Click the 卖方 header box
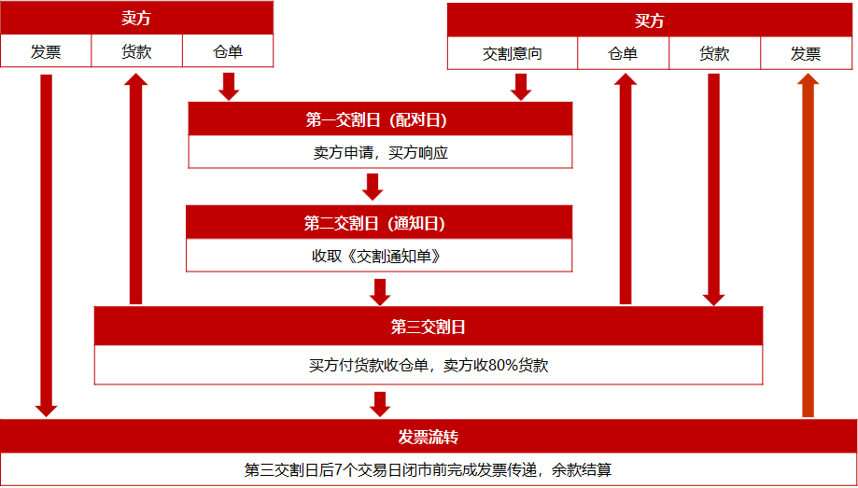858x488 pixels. [x=136, y=19]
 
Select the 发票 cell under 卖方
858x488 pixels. [x=46, y=52]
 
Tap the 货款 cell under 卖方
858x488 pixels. [x=136, y=52]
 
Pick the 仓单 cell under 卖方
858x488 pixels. [x=228, y=52]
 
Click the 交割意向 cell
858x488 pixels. [x=513, y=54]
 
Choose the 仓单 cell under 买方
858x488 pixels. [x=623, y=54]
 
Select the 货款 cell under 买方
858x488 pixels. [x=714, y=54]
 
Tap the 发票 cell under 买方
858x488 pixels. [x=806, y=54]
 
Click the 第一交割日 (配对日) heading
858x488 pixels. [x=380, y=119]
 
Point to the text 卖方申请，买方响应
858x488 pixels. [x=380, y=152]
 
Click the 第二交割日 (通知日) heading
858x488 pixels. [x=379, y=223]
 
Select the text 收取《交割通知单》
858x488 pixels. [x=379, y=256]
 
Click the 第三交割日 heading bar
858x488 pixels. [x=429, y=327]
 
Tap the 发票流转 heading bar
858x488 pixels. [x=429, y=437]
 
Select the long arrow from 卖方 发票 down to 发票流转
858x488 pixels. [x=46, y=243]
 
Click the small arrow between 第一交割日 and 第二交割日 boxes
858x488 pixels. [x=373, y=187]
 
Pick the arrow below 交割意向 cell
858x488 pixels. [x=521, y=86]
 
